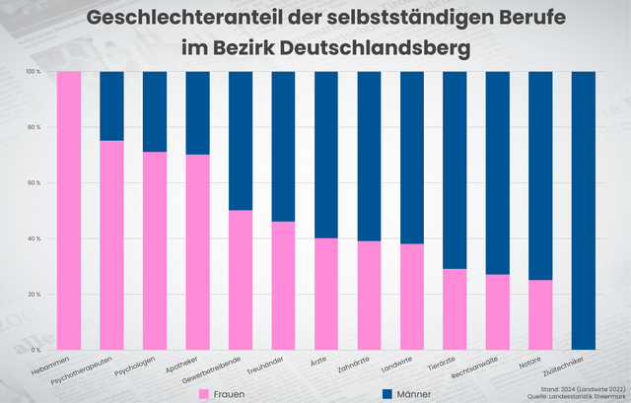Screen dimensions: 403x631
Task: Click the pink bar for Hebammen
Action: coord(68,211)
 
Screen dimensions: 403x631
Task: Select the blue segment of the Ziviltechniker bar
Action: coord(583,211)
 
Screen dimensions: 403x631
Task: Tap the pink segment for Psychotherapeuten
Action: coord(111,245)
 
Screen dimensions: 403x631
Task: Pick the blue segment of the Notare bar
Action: coord(540,175)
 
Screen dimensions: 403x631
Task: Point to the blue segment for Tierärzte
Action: coord(455,169)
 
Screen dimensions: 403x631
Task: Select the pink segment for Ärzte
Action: coord(325,294)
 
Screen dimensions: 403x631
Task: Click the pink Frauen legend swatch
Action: coord(204,393)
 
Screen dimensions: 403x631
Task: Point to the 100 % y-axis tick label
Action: coord(34,72)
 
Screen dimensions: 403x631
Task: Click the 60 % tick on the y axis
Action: coord(35,183)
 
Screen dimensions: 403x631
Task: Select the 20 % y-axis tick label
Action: coord(35,295)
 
